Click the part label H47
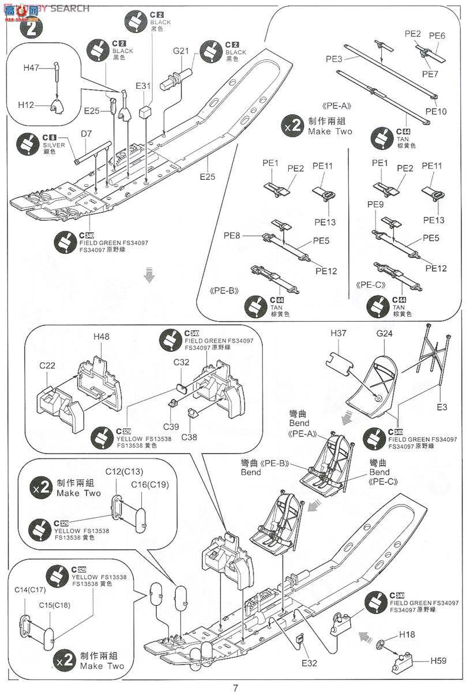[x=31, y=68]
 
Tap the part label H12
[x=26, y=105]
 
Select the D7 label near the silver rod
[x=86, y=134]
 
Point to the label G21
[x=181, y=51]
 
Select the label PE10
[x=436, y=111]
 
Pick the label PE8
[x=232, y=235]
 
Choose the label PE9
[x=375, y=205]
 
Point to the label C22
[x=47, y=366]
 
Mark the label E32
[x=309, y=663]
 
